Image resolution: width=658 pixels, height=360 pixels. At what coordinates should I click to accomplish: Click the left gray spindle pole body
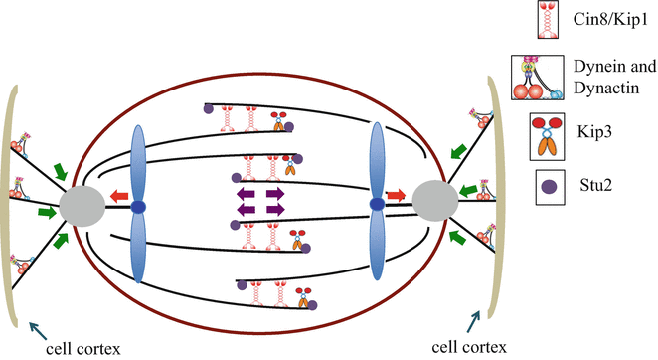[x=82, y=207]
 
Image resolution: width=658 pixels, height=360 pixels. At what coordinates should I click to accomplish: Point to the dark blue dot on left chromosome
[x=139, y=207]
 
